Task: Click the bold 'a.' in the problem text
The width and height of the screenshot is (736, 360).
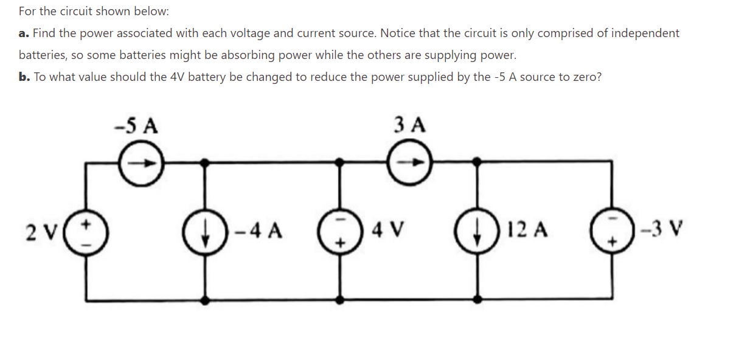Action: [24, 33]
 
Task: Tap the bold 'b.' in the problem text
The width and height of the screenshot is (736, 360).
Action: [24, 77]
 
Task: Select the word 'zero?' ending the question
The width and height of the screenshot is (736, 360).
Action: [586, 77]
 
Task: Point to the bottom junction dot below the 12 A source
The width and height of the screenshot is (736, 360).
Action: [478, 300]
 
